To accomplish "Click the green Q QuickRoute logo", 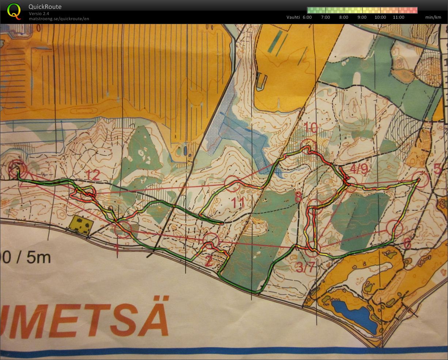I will point(14,11).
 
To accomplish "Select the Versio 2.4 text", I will point(39,14).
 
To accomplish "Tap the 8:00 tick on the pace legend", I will point(343,17).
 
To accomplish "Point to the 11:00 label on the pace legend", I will point(398,17).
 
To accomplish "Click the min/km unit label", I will point(433,17).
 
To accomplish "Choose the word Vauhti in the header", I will point(293,17).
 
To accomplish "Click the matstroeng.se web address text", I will point(59,19).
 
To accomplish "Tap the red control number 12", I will point(94,175).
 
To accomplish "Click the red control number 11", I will point(238,203).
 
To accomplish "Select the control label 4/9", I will point(359,168).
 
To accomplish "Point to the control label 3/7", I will point(305,268).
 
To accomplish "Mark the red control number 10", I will point(311,128).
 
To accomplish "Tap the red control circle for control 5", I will point(421,180).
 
